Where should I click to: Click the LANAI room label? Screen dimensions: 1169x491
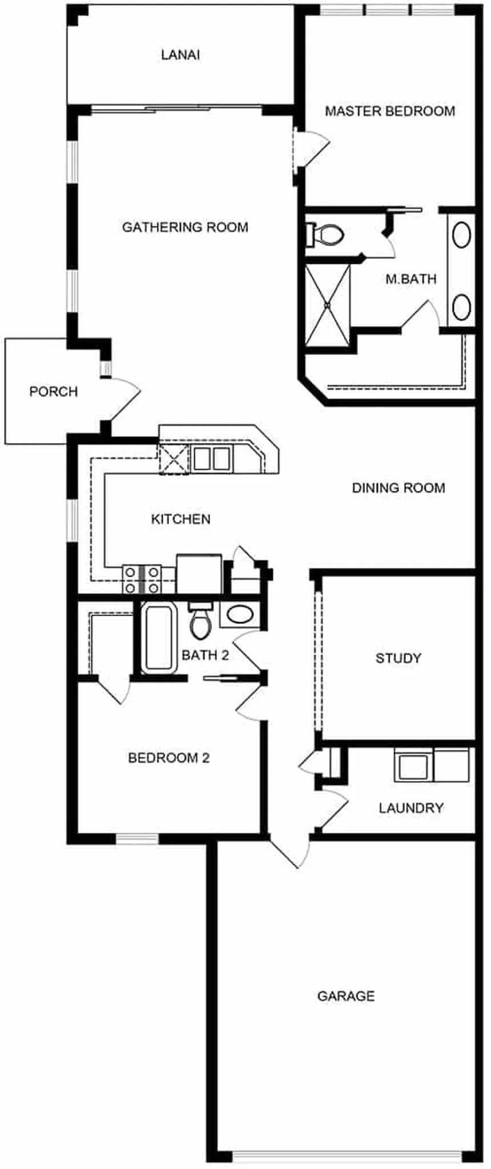point(180,55)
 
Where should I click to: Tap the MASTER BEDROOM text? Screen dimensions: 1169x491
point(390,111)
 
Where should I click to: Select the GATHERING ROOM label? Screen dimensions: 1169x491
point(185,227)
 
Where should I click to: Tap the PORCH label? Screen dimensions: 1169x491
point(54,392)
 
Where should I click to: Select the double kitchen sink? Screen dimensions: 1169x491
point(211,458)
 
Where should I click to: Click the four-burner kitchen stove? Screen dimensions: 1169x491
point(142,579)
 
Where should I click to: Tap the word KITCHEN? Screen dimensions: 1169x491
point(180,519)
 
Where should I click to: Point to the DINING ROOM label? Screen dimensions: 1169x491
point(398,487)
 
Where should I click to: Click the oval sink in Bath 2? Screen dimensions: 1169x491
point(240,615)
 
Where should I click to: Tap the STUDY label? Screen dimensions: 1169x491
point(398,658)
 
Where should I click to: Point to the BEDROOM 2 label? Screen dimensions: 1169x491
point(168,758)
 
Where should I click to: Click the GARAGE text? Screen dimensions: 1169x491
point(345,996)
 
